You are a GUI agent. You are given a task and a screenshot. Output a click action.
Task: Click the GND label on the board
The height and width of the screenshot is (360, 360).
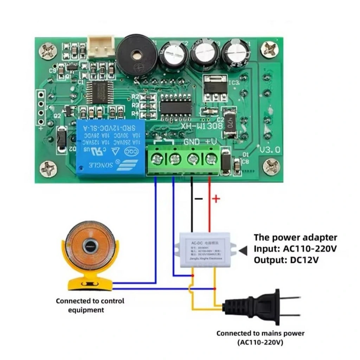(192, 142)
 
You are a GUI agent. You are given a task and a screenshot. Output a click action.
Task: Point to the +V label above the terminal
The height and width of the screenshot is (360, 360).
(211, 142)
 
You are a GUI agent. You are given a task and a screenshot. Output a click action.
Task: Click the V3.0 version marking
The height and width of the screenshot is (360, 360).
(270, 149)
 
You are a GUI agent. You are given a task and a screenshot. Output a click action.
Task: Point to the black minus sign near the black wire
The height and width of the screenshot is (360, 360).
(199, 199)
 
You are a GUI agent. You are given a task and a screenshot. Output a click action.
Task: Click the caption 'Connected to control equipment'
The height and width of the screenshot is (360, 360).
(90, 305)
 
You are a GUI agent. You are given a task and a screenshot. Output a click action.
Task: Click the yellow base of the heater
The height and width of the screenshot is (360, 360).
(90, 283)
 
